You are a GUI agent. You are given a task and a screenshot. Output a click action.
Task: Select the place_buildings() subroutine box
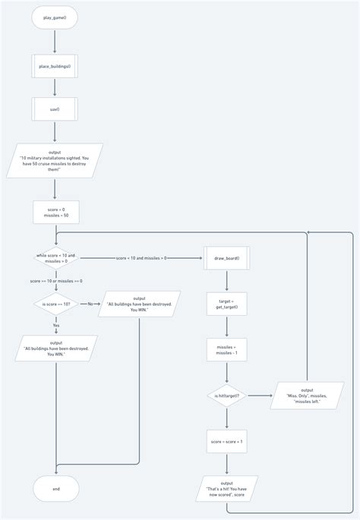55,67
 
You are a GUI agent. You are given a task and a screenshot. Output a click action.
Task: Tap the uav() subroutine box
55,109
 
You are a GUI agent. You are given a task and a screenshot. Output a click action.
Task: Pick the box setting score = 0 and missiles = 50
55,212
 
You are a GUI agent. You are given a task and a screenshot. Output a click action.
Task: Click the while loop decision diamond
55,258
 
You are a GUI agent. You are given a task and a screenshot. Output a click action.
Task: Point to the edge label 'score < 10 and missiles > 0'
141,258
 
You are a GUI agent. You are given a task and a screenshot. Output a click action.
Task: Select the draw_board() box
226,258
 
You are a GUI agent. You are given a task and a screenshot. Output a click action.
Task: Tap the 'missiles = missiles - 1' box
226,349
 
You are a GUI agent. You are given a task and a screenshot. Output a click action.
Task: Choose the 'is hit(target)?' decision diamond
226,396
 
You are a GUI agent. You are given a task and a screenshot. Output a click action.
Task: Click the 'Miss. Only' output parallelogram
306,396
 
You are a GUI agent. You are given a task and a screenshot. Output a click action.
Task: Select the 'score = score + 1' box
226,442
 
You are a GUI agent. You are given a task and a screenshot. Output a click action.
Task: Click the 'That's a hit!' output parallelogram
226,488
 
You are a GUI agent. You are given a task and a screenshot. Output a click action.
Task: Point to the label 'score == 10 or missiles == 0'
55,282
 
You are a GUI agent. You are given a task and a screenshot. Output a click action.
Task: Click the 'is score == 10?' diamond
55,304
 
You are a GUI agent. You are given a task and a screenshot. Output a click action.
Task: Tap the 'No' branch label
90,304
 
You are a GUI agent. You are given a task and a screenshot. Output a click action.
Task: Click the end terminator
55,489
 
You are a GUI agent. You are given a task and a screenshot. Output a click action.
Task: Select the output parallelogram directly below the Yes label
55,350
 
